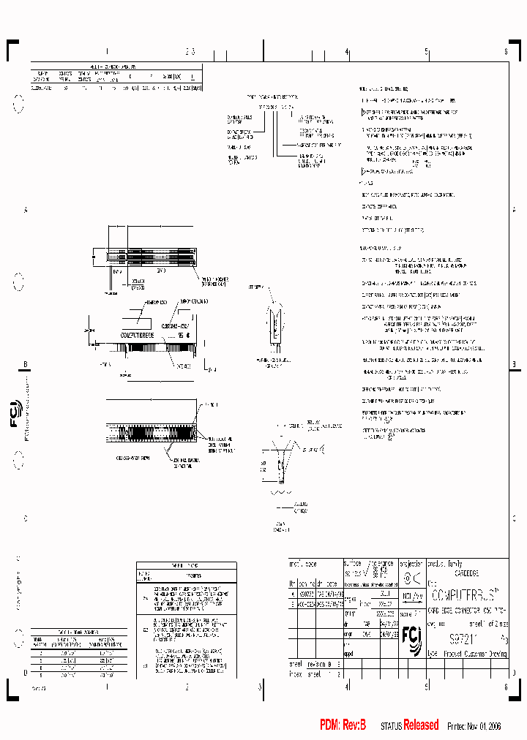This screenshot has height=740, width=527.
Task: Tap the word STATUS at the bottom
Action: coord(391,726)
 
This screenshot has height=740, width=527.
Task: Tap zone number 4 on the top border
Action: coord(346,52)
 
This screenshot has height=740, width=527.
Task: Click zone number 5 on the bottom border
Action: coord(426,687)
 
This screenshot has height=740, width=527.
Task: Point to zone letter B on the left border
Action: coord(25,364)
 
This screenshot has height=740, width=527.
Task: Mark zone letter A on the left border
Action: coord(25,210)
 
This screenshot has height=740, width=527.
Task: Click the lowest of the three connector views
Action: coord(151,425)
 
